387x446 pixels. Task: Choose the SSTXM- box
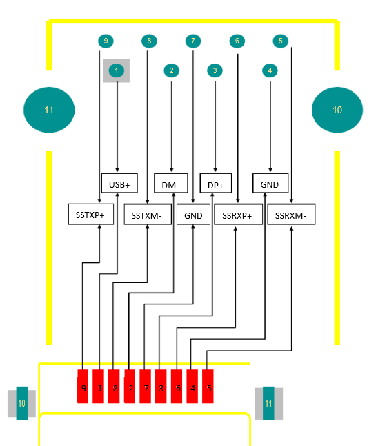147,215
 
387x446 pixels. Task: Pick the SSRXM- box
290,215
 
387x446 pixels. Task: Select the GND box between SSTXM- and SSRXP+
193,215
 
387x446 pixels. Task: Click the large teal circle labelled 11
48,110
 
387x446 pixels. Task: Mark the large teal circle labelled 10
337,110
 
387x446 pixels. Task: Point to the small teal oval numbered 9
106,41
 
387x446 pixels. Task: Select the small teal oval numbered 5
279,41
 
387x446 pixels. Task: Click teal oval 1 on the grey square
117,70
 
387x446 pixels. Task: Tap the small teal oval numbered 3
215,70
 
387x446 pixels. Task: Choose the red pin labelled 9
83,387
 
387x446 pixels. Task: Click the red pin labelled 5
209,387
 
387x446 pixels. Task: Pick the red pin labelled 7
146,387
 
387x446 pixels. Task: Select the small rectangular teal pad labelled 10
21,403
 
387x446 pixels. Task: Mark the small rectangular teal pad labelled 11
268,403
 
